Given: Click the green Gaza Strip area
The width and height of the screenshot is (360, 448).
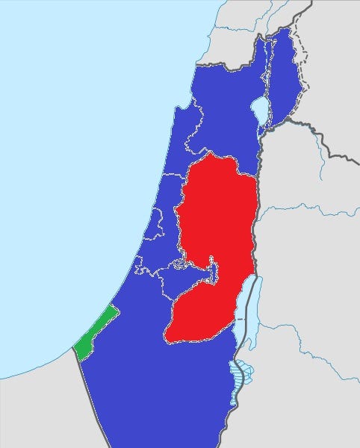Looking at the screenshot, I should pyautogui.click(x=94, y=333).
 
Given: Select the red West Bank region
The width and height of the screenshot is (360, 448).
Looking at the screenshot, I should pyautogui.click(x=217, y=224).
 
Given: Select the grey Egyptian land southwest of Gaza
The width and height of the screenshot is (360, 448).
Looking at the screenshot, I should pyautogui.click(x=37, y=411).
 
